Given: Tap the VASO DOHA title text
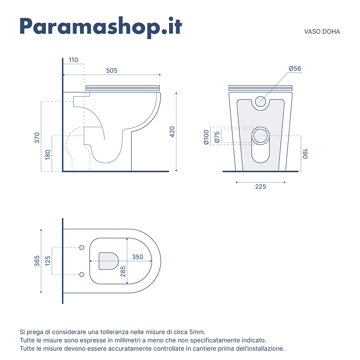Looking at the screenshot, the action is [x=322, y=32].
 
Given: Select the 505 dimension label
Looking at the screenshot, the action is [x=112, y=71].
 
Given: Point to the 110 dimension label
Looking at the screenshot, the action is [x=73, y=60].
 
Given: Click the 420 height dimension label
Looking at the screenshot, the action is [x=172, y=132].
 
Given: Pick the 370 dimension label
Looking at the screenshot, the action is [x=37, y=138].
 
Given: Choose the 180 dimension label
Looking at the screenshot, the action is [x=48, y=155].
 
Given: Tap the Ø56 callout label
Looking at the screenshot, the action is [x=295, y=68].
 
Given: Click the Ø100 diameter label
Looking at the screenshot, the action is [x=206, y=137].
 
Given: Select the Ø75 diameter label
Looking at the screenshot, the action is [x=217, y=137].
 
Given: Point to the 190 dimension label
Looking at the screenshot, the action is [x=305, y=153].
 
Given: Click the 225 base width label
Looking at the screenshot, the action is [x=261, y=186].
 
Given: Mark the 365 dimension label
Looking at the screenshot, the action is [x=37, y=261].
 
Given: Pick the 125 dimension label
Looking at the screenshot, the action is [x=48, y=261].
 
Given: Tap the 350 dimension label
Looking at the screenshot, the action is [x=138, y=257].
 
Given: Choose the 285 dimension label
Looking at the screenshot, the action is [x=123, y=271].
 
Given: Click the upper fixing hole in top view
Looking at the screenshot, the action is [x=82, y=248].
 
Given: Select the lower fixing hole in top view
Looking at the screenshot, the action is [x=82, y=274].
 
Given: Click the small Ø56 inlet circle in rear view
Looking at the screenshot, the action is [x=261, y=102].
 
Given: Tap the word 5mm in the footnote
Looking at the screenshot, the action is [x=197, y=332].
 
